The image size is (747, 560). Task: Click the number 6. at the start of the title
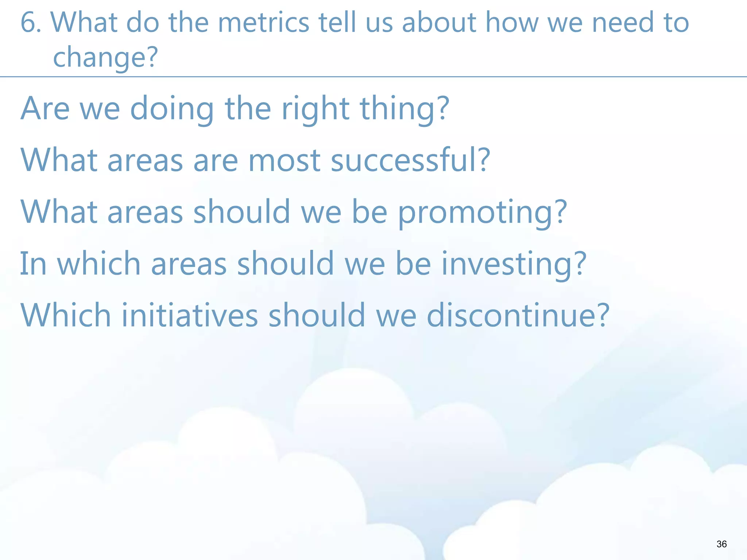click(31, 23)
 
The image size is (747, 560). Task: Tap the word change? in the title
click(105, 58)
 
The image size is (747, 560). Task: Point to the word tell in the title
click(337, 23)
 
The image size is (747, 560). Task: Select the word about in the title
click(439, 23)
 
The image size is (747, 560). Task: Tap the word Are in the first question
click(45, 108)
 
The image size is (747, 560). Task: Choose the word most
click(285, 160)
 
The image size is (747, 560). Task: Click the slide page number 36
click(721, 544)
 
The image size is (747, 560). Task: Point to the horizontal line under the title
click(373, 77)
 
